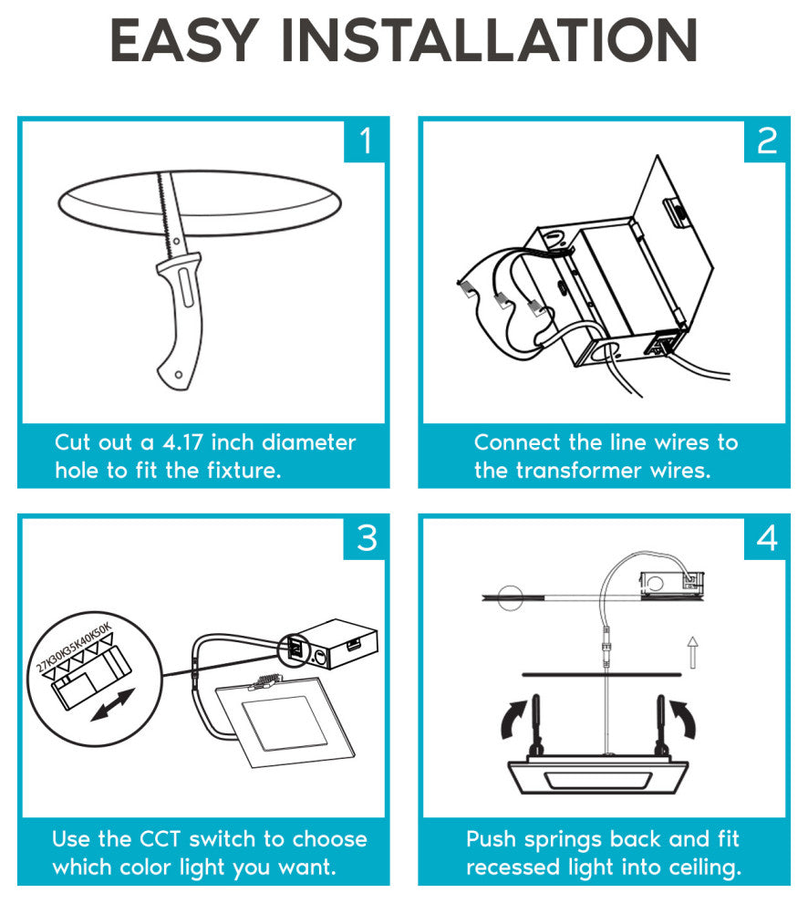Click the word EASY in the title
click(183, 40)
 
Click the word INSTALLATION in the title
click(489, 40)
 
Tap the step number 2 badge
click(767, 141)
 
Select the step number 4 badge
click(767, 538)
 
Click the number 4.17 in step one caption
click(182, 443)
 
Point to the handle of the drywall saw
click(180, 323)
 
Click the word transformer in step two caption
click(578, 471)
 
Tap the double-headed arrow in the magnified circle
click(113, 705)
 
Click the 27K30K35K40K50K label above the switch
click(74, 648)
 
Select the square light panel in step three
click(285, 722)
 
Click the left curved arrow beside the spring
click(513, 719)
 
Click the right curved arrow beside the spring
click(684, 719)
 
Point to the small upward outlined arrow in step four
click(693, 652)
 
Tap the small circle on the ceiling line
click(510, 597)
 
